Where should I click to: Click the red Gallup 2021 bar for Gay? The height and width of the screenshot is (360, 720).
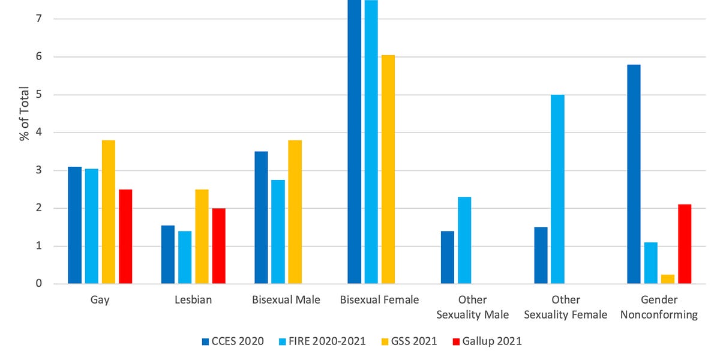tap(125, 236)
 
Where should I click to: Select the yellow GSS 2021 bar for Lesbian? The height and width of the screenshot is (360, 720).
tap(202, 236)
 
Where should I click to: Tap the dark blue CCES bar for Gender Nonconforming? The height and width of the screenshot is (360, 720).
tap(634, 174)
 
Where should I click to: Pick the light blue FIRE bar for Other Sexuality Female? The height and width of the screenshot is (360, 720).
tap(557, 189)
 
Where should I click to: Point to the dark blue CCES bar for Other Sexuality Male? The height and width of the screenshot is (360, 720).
tap(448, 257)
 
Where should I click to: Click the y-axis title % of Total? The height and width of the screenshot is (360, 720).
tap(24, 114)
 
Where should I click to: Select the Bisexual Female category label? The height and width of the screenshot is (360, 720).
tap(379, 300)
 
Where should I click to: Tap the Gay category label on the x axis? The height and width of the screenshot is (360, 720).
tap(100, 300)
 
